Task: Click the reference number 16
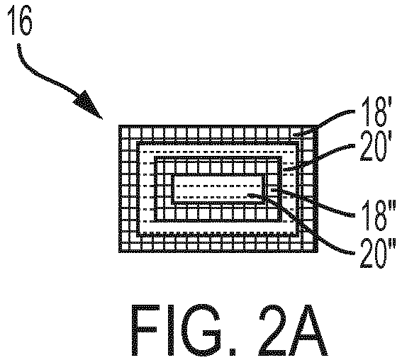pyautogui.click(x=20, y=21)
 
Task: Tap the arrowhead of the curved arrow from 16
pyautogui.click(x=89, y=105)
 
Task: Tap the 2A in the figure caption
pyautogui.click(x=293, y=330)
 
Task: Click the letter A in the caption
pyautogui.click(x=307, y=330)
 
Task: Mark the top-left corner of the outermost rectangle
pyautogui.click(x=120, y=126)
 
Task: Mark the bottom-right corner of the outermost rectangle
pyautogui.click(x=317, y=252)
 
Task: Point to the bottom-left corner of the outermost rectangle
pyautogui.click(x=120, y=252)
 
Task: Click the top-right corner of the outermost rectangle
pyautogui.click(x=317, y=126)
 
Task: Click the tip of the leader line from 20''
pyautogui.click(x=249, y=196)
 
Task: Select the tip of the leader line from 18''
pyautogui.click(x=272, y=190)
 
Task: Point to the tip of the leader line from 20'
pyautogui.click(x=284, y=169)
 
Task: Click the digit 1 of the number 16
pyautogui.click(x=12, y=21)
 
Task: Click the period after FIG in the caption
pyautogui.click(x=232, y=351)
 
